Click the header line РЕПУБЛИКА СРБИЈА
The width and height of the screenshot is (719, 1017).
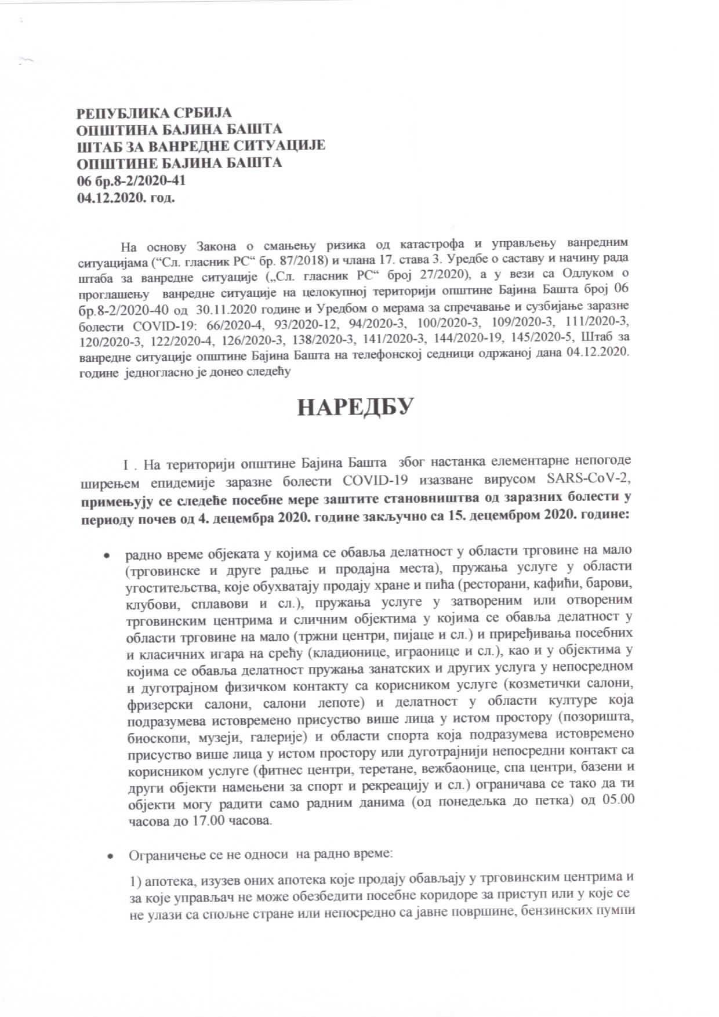click(154, 112)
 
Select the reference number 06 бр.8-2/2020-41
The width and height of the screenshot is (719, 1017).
click(132, 180)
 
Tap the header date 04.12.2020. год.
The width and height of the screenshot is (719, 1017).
click(126, 197)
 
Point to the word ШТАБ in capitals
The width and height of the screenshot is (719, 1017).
click(100, 146)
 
